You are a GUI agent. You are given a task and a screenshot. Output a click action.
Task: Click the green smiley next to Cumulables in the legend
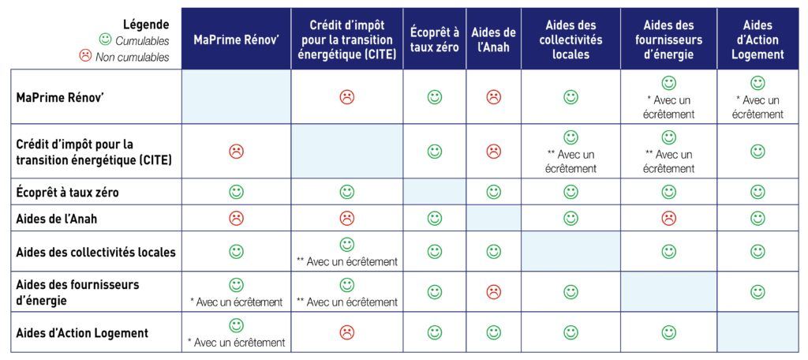point(105,39)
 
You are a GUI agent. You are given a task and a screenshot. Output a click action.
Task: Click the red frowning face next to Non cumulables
point(85,56)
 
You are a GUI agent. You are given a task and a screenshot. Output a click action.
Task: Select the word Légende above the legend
point(146,24)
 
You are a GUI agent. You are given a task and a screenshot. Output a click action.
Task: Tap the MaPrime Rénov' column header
point(236,39)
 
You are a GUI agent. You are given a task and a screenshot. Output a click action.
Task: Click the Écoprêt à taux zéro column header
point(435,39)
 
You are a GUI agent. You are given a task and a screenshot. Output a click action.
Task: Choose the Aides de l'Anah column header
point(494,39)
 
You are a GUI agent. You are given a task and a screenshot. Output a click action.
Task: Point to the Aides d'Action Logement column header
point(757,39)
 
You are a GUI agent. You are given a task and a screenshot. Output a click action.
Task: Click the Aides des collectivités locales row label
point(95,252)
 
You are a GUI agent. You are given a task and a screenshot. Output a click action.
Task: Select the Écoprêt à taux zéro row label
point(68,193)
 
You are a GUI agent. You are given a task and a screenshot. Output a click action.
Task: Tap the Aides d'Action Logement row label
point(82,332)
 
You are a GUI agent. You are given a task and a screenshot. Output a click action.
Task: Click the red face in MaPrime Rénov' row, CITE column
point(347,96)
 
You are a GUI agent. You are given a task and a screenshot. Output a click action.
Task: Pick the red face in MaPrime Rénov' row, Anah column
point(494,96)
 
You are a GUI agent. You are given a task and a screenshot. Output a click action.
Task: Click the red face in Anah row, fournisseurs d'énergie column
point(668,219)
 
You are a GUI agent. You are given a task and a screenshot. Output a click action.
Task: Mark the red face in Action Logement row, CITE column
point(347,332)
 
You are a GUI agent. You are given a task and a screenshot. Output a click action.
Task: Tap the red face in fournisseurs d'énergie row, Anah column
point(494,292)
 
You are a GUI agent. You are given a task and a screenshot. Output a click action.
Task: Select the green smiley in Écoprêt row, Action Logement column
point(757,193)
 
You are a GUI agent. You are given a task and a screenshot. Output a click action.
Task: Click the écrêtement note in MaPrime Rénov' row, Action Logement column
point(757,107)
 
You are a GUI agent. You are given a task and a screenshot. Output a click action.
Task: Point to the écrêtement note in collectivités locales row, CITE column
point(347,262)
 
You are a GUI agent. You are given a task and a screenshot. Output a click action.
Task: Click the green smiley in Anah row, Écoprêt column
point(435,219)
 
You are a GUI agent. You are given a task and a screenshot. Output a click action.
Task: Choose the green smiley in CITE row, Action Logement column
point(757,151)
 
